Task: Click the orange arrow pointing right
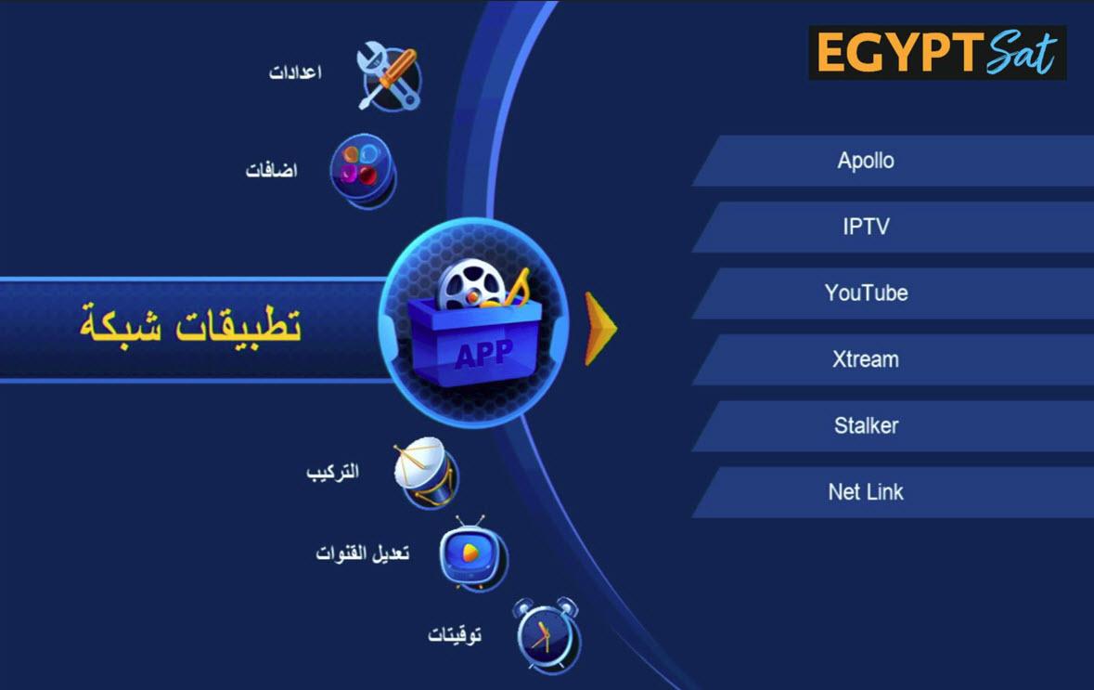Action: tap(600, 329)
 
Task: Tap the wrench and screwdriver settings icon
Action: tap(389, 76)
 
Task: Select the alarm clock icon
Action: tap(547, 635)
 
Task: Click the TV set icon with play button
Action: tap(472, 553)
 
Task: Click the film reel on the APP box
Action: tap(471, 284)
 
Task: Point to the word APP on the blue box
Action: tap(483, 354)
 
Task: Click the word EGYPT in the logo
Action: tap(898, 53)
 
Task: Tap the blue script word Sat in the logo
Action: tap(1022, 52)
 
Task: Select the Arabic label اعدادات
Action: tap(295, 72)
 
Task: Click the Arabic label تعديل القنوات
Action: tap(362, 553)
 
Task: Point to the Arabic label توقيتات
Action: tap(454, 635)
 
